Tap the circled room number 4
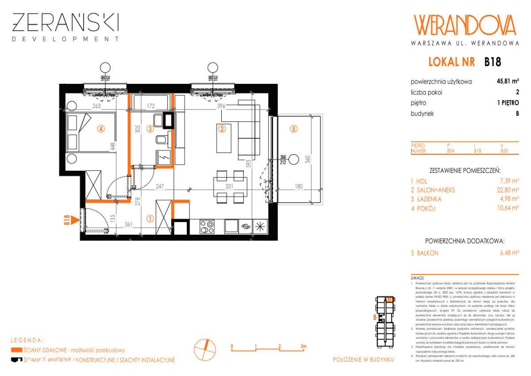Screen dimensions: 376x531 tap(101, 129)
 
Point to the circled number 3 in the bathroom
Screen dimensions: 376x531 tap(150, 129)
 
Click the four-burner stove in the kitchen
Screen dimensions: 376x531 tap(207, 227)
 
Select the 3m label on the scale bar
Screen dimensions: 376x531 tap(303, 345)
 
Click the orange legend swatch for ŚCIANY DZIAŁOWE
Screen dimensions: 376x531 tap(16, 350)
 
